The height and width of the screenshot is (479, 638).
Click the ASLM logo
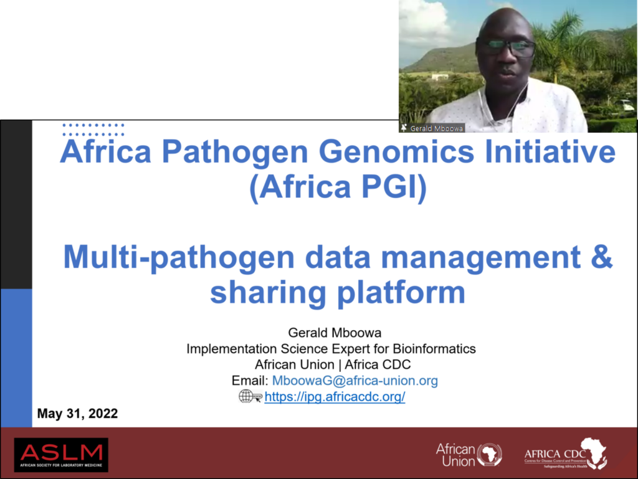pyautogui.click(x=61, y=454)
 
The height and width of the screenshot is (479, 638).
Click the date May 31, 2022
pyautogui.click(x=77, y=414)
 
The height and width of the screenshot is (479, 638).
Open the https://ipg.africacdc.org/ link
pyautogui.click(x=335, y=397)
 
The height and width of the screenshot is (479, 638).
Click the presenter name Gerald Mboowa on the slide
pyautogui.click(x=331, y=333)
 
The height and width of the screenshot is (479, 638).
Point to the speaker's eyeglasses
pyautogui.click(x=505, y=47)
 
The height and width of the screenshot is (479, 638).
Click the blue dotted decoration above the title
pyautogui.click(x=93, y=130)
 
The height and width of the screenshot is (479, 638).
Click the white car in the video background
pyautogui.click(x=624, y=105)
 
